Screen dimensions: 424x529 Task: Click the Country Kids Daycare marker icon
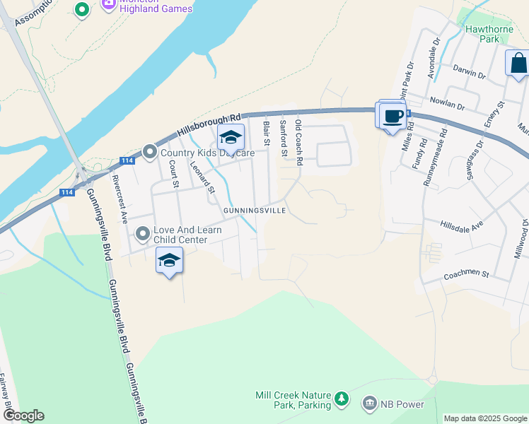pos(149,152)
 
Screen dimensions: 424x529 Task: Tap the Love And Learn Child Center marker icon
pos(143,233)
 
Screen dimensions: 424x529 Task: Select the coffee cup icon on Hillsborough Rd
pos(393,116)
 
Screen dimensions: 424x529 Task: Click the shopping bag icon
pos(518,63)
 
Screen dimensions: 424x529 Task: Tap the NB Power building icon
pos(368,404)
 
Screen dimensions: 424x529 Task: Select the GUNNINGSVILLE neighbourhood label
pos(255,211)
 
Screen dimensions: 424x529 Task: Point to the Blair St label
pos(267,134)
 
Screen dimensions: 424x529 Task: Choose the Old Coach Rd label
pos(299,142)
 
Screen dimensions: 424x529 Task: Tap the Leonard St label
pos(202,176)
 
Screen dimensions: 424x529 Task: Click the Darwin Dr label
pos(470,74)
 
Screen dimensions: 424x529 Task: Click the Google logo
pos(23,416)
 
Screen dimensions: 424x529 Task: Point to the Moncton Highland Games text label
pos(156,8)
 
